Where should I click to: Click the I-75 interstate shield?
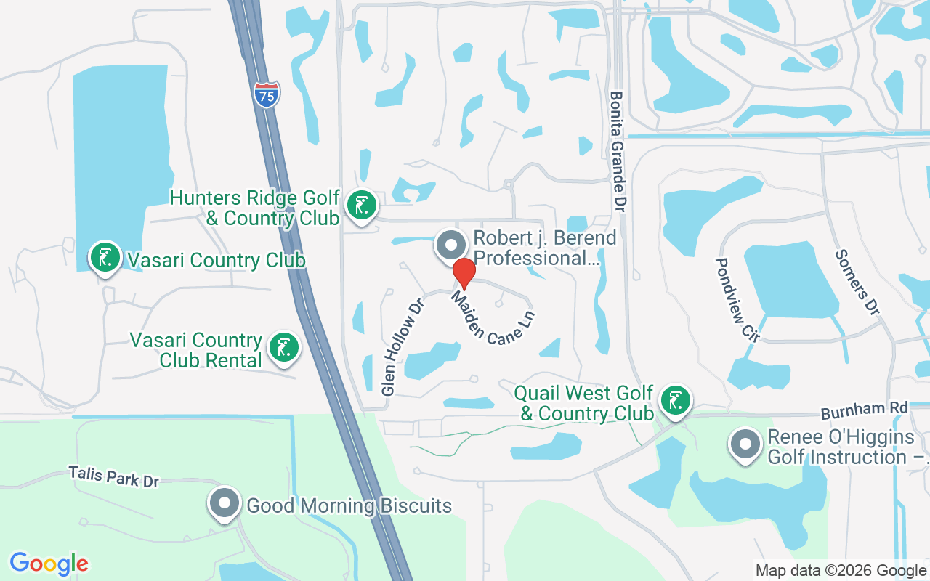(x=267, y=94)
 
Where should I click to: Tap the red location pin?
(x=464, y=273)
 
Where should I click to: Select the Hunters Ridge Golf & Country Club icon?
(x=361, y=206)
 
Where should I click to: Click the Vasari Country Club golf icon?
(x=106, y=257)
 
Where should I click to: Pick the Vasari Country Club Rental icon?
(x=284, y=348)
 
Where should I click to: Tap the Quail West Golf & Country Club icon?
(x=676, y=401)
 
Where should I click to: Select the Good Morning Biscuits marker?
(x=225, y=503)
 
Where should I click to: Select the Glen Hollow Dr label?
(x=402, y=345)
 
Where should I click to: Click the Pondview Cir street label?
(x=737, y=299)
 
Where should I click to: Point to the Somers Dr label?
(x=857, y=282)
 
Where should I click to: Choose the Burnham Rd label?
(x=865, y=410)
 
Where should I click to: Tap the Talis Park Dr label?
(x=114, y=476)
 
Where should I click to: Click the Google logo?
(x=49, y=564)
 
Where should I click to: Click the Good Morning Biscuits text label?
(x=349, y=505)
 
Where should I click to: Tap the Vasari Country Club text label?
(x=216, y=260)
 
